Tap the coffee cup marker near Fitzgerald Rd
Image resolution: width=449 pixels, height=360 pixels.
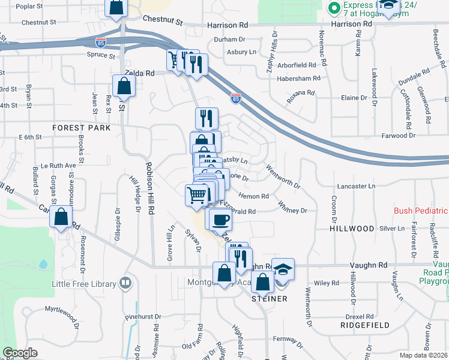pyautogui.click(x=220, y=220)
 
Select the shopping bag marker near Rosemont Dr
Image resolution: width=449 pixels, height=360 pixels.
pyautogui.click(x=61, y=217)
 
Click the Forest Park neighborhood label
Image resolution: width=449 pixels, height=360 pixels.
pyautogui.click(x=81, y=128)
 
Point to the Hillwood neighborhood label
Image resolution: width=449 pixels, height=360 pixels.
pyautogui.click(x=352, y=229)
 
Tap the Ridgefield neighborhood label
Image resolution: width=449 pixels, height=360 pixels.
pyautogui.click(x=364, y=325)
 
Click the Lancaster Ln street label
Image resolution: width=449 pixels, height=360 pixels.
pyautogui.click(x=355, y=187)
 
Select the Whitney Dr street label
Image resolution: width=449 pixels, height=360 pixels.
pyautogui.click(x=292, y=211)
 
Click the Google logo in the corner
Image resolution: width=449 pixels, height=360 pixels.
pyautogui.click(x=20, y=353)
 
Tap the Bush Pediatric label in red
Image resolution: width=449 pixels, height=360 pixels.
pyautogui.click(x=421, y=211)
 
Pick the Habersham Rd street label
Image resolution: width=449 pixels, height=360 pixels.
pyautogui.click(x=295, y=79)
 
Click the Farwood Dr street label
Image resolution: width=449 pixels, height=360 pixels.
pyautogui.click(x=399, y=136)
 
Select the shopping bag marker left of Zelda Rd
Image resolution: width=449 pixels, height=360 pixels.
pyautogui.click(x=123, y=86)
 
